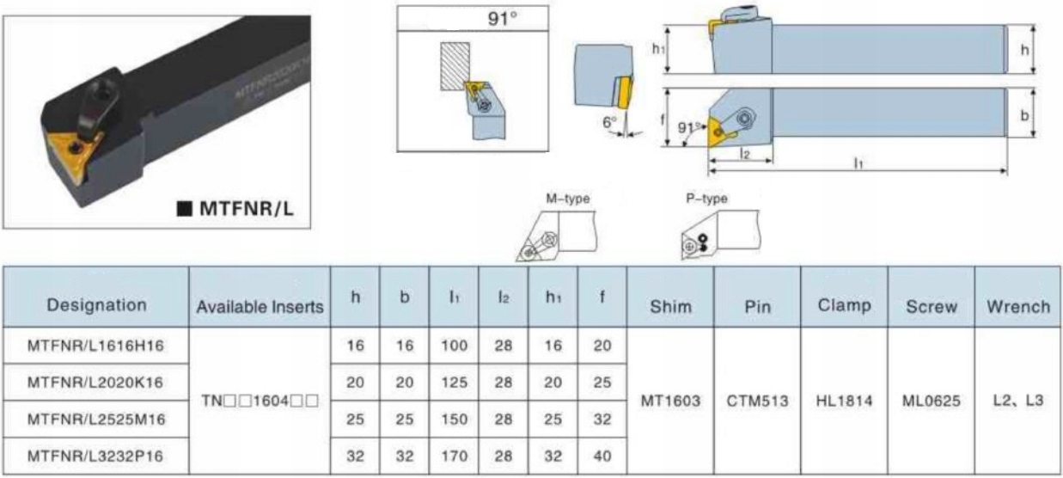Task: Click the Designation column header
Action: click(96, 305)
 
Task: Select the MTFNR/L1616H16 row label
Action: click(96, 346)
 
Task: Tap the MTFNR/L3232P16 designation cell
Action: click(96, 456)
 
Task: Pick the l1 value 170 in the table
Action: click(454, 456)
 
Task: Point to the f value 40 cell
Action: click(602, 456)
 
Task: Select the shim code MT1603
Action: click(670, 401)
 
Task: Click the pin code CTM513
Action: click(757, 401)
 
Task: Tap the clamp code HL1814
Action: click(844, 401)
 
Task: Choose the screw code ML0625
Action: click(932, 401)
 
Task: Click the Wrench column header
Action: click(1018, 306)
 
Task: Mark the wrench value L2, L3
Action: click(1018, 401)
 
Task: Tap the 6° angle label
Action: click(610, 123)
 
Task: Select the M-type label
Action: click(568, 199)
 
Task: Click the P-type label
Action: click(706, 199)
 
